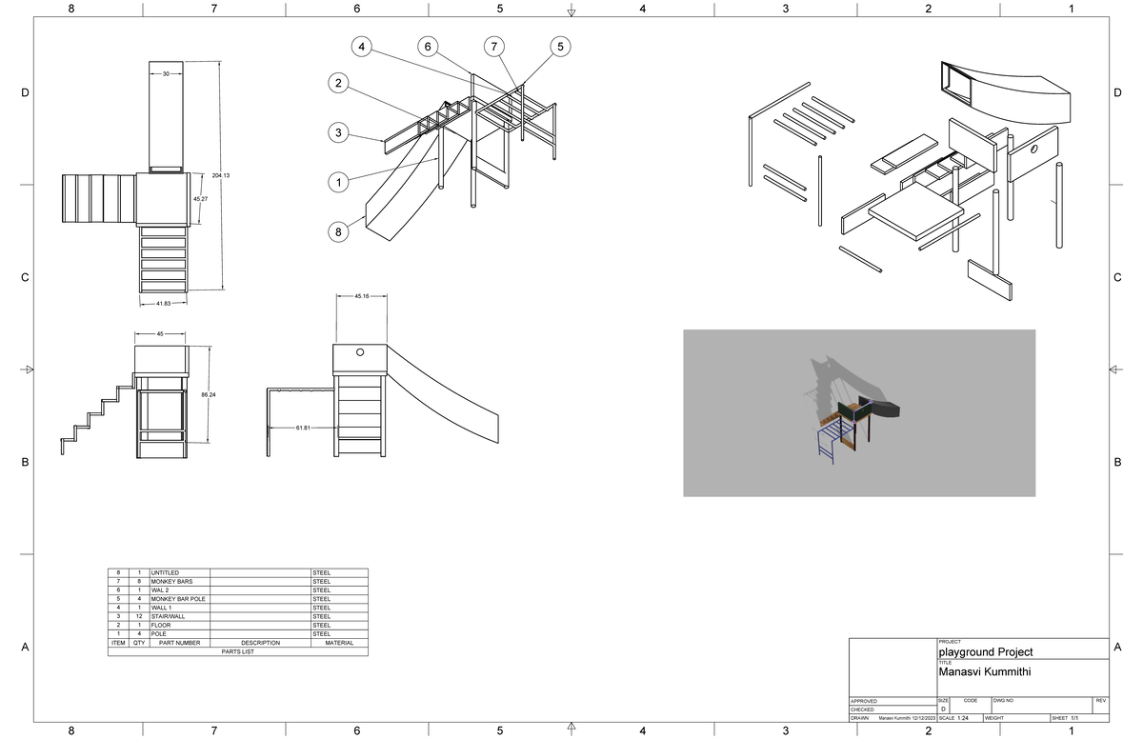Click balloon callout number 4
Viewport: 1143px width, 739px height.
(x=361, y=46)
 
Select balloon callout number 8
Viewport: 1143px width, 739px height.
(x=337, y=230)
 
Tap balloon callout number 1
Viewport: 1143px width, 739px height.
(x=337, y=181)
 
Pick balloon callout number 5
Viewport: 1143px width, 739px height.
(x=561, y=46)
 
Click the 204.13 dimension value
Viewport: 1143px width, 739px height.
(x=220, y=176)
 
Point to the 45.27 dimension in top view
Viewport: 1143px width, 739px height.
(x=201, y=199)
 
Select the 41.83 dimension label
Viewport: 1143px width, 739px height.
(x=165, y=303)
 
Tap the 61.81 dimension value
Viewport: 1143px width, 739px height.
(x=303, y=428)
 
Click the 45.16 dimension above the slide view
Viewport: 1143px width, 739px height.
(x=362, y=296)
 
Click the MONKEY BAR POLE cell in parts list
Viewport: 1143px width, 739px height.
(x=179, y=598)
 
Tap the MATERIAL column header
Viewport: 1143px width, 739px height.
(x=339, y=643)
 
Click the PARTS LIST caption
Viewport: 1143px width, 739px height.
(x=237, y=652)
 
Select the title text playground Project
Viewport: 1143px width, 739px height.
(x=985, y=652)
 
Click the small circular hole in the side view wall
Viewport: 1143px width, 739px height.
(x=360, y=352)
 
